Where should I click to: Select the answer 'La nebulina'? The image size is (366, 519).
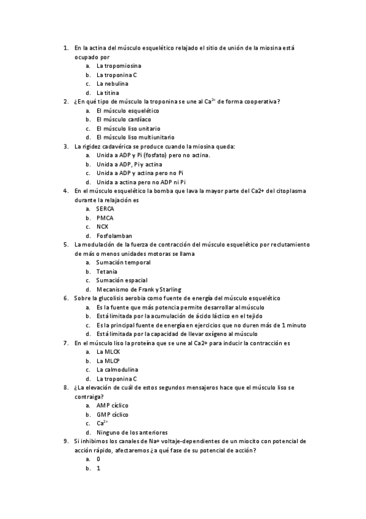click(x=112, y=83)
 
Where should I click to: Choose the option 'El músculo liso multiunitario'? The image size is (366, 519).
click(x=135, y=137)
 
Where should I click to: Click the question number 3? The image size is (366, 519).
click(x=65, y=146)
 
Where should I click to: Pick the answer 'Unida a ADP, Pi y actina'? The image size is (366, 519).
click(x=129, y=164)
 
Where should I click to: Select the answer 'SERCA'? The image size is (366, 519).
click(x=105, y=209)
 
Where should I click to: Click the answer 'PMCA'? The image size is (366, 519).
click(x=104, y=218)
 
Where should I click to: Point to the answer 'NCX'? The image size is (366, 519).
click(x=102, y=226)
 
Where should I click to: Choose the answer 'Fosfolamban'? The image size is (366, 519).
click(x=114, y=236)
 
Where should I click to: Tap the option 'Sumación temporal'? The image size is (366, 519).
click(x=123, y=263)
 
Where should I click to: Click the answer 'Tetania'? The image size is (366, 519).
click(x=107, y=271)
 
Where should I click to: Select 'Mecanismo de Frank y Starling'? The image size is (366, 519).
click(x=139, y=289)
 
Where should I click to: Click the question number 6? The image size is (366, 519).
click(x=65, y=298)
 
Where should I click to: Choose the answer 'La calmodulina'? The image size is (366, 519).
click(x=117, y=370)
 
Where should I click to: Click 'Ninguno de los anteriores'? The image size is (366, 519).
click(x=132, y=432)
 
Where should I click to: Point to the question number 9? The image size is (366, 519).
click(x=65, y=441)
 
